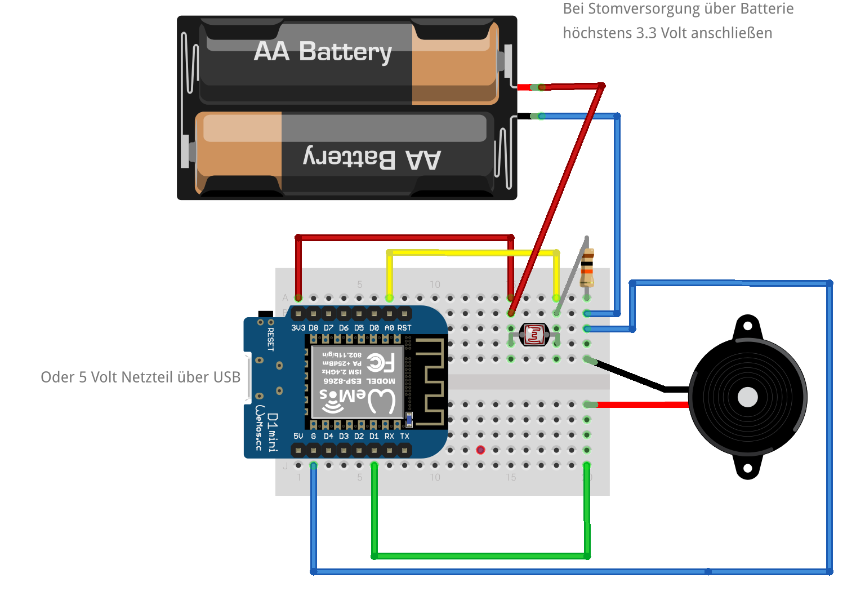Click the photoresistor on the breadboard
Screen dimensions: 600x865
coord(533,335)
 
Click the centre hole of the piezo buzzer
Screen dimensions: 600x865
coord(747,397)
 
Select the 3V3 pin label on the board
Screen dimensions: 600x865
coord(298,328)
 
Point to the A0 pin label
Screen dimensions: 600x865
coord(389,328)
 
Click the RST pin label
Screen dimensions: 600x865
coord(404,328)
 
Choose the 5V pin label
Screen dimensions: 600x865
coord(298,437)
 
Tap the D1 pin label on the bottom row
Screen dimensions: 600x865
coord(374,437)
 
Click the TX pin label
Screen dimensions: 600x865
coord(404,437)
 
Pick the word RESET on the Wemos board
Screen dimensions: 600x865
coord(270,339)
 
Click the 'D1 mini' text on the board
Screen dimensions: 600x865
coord(273,432)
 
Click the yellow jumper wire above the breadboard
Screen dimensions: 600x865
coord(473,252)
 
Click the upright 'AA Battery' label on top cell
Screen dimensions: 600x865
coord(323,52)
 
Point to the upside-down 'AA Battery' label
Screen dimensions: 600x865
coord(372,159)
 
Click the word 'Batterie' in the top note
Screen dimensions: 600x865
coord(766,9)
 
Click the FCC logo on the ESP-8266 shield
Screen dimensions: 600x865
coord(381,363)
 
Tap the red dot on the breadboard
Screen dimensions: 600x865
coord(480,450)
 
